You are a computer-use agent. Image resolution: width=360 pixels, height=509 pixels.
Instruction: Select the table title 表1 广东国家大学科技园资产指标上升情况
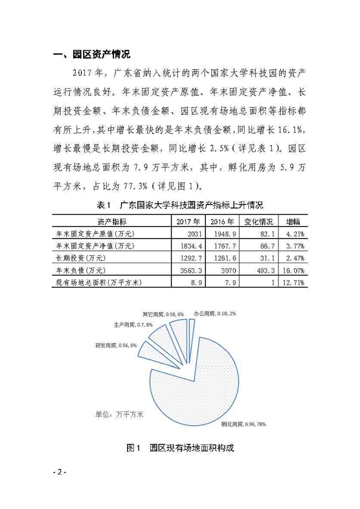point(180,204)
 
